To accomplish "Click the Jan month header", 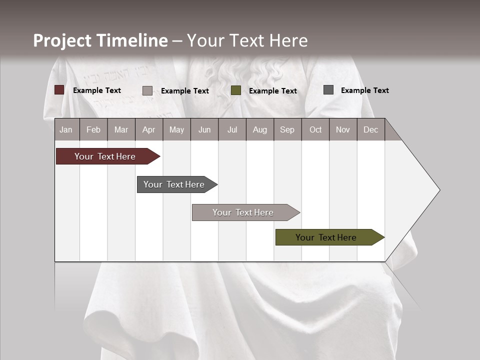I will (x=66, y=129).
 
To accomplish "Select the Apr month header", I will (x=149, y=129).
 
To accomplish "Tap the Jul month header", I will (x=232, y=129).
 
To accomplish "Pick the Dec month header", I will (x=370, y=129).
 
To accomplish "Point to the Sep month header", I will (x=287, y=129).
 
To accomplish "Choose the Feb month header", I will (x=93, y=129).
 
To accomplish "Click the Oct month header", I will (x=315, y=129).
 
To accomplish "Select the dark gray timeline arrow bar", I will (x=175, y=184).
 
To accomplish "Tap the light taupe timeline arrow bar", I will (x=244, y=212).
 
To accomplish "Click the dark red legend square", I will (x=59, y=90).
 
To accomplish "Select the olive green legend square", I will (x=236, y=90).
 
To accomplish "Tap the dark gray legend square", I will (x=328, y=90).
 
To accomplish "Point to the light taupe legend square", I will (x=147, y=90).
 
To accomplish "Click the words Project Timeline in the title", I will (x=100, y=40).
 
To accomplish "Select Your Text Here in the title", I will (x=247, y=40).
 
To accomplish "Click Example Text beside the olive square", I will (x=272, y=91).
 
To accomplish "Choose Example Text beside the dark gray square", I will (x=364, y=90).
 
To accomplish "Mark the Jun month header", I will (x=204, y=129).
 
